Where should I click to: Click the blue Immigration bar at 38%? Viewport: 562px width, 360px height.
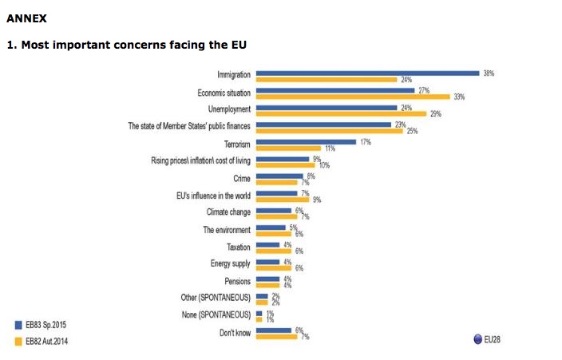pyautogui.click(x=367, y=73)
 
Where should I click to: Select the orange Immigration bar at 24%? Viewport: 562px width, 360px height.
pyautogui.click(x=327, y=80)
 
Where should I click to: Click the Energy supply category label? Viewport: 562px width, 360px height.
pyautogui.click(x=231, y=263)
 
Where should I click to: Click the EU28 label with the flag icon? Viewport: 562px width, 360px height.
pyautogui.click(x=488, y=338)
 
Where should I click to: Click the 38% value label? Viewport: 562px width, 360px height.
pyautogui.click(x=489, y=73)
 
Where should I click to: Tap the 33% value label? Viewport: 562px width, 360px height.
pyautogui.click(x=459, y=97)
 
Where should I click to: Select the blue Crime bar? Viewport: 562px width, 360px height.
pyautogui.click(x=279, y=176)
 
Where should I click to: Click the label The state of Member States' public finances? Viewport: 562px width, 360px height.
pyautogui.click(x=189, y=126)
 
